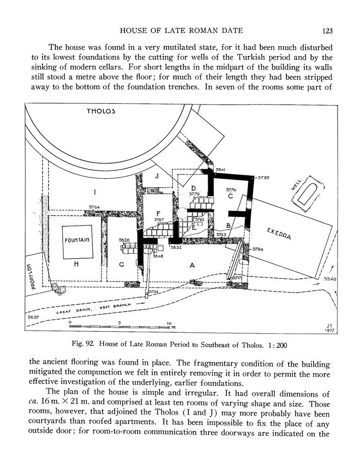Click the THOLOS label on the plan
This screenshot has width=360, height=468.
click(101, 111)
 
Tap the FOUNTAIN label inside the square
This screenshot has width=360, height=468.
click(76, 239)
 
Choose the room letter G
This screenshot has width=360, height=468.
click(122, 264)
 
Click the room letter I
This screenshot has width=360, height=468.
click(95, 192)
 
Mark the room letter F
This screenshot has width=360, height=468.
click(158, 213)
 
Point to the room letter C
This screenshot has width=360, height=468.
click(231, 197)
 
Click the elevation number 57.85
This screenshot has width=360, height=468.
click(264, 177)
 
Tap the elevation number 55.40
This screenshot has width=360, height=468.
click(330, 278)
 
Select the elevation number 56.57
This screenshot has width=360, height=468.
click(32, 317)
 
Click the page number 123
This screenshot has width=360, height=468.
click(327, 31)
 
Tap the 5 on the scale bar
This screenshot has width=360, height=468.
click(119, 323)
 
